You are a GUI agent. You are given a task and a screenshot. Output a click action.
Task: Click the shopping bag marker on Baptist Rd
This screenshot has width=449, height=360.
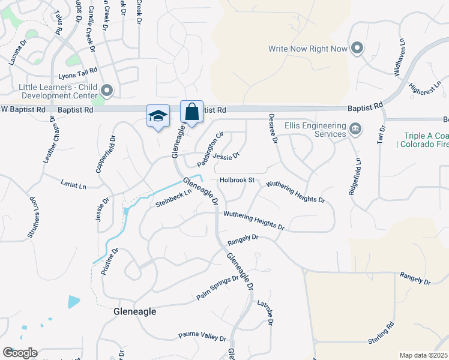[191, 112]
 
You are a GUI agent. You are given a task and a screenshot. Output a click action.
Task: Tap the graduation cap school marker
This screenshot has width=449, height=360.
[158, 116]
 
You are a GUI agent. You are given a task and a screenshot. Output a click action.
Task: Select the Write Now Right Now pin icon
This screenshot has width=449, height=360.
[357, 49]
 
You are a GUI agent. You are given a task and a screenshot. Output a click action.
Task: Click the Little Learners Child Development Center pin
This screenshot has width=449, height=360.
[107, 91]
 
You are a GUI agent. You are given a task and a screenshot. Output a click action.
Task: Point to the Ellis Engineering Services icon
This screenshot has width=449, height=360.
[355, 127]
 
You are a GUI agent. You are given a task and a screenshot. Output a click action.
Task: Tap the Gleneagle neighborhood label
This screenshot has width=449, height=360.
[135, 312]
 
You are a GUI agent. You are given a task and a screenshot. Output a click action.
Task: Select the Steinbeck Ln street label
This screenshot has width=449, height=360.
[173, 199]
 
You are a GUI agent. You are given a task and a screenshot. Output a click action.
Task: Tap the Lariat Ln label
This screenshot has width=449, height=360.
[74, 184]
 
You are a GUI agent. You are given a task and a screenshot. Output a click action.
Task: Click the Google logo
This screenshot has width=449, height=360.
[20, 353]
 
